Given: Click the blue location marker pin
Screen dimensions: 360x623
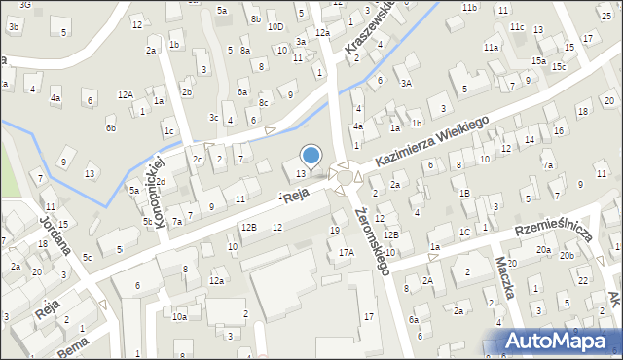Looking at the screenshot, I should [311, 156].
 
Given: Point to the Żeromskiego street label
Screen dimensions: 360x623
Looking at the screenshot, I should [373, 240].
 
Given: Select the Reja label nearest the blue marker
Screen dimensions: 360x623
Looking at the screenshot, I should [297, 195].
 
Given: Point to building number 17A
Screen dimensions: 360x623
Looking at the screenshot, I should [346, 252].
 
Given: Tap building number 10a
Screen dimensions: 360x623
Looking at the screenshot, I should [179, 316].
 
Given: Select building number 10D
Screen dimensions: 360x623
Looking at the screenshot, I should [275, 26].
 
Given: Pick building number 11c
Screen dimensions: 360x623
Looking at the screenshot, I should [517, 26].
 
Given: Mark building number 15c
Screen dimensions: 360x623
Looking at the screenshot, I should [559, 66].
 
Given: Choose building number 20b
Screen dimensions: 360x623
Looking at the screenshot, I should [567, 255].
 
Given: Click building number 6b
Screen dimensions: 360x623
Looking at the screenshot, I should [111, 127].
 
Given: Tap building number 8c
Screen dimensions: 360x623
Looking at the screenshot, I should [263, 102].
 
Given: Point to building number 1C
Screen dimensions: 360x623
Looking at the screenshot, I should [465, 232].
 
